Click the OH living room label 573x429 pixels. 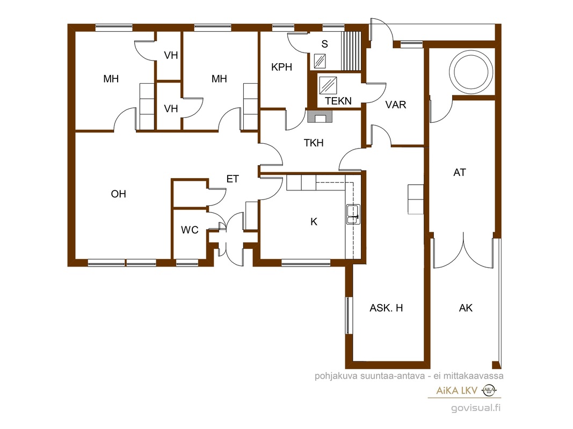point(118,194)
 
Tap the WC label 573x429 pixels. point(190,230)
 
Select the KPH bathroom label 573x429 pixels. point(281,67)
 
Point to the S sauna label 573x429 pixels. point(324,44)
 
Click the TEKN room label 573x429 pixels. point(338,101)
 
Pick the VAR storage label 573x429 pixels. point(396,105)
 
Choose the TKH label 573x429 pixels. point(314,143)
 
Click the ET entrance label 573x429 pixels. point(233,179)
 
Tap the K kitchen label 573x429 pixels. point(314,221)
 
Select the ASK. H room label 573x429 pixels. point(386,308)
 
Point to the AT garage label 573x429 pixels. point(460,172)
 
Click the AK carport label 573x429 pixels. point(466,308)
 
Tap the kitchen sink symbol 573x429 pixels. point(353,214)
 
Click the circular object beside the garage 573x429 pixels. point(470,71)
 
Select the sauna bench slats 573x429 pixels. point(351,50)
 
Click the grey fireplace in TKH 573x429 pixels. point(320,116)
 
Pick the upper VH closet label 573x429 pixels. point(171,55)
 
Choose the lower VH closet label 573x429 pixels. point(171,109)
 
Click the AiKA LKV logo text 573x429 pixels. point(457,391)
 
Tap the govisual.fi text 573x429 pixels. point(476,408)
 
